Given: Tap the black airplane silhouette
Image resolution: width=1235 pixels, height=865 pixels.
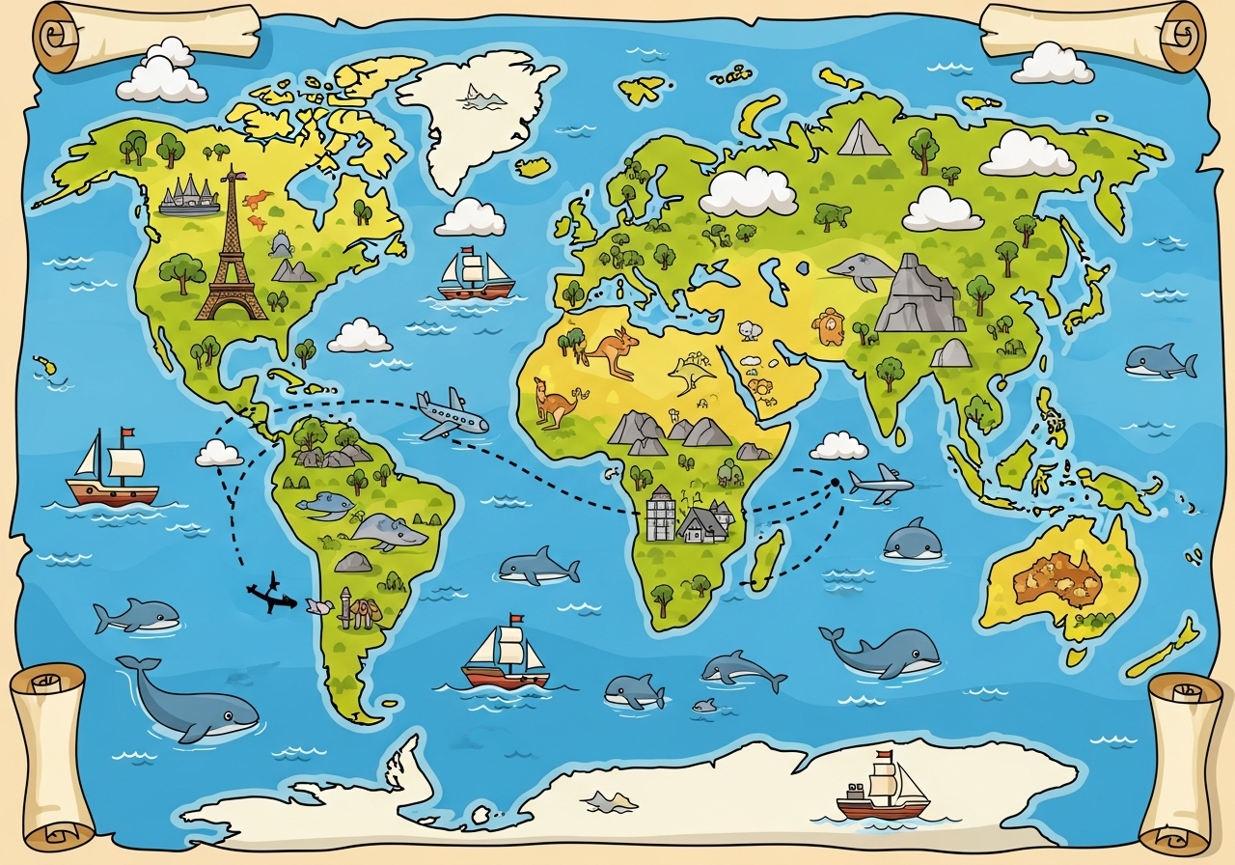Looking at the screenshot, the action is (271, 595).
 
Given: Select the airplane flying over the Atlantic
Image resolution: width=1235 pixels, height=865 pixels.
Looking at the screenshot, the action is (451, 414).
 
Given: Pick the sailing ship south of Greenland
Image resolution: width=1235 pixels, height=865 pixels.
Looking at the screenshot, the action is (475, 274).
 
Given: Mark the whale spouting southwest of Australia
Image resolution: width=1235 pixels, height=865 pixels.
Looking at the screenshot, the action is (883, 653).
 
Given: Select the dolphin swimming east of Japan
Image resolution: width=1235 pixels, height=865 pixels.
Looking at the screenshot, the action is (1160, 361).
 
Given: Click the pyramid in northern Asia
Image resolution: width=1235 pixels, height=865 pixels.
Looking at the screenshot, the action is (863, 138).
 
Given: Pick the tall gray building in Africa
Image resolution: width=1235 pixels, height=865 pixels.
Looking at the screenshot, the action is (660, 513).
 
